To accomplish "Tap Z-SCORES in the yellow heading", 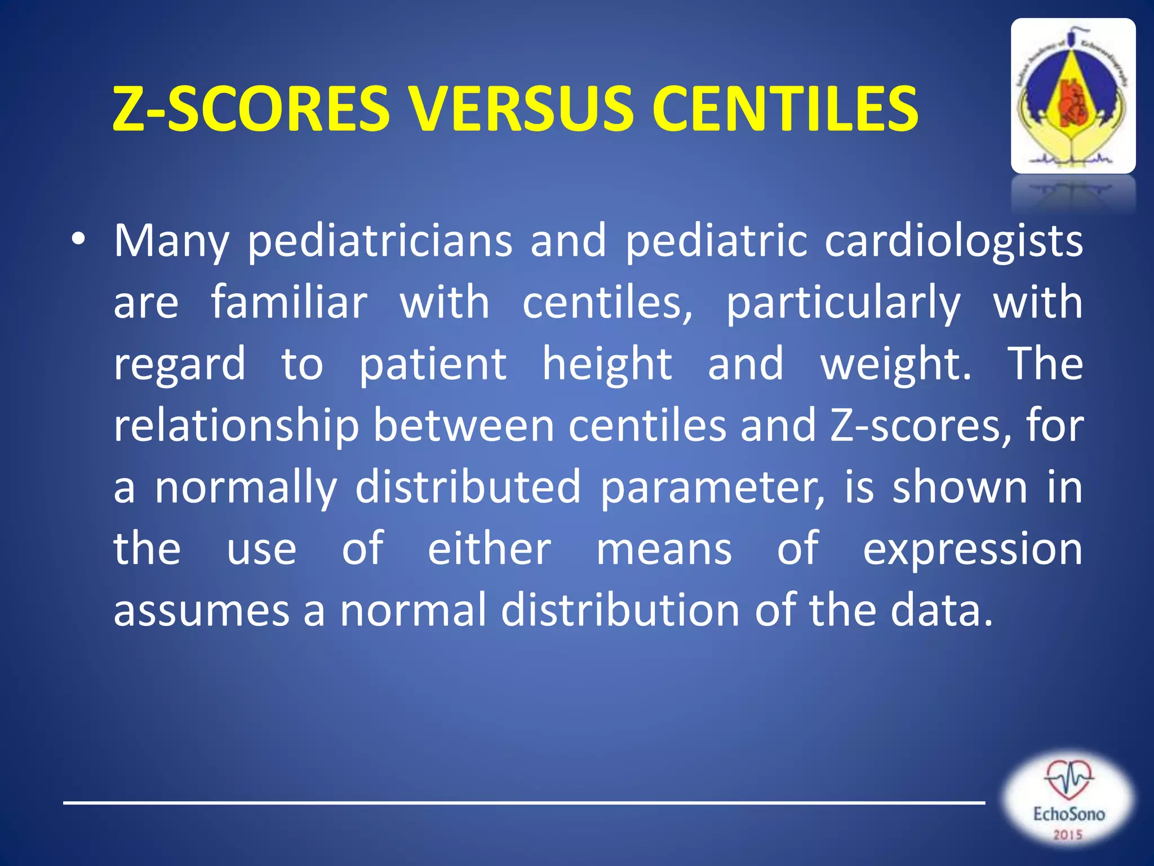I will point(251,108).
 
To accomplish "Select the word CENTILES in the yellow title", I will point(785,108).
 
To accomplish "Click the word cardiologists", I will point(953,241).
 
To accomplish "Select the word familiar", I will point(289,302).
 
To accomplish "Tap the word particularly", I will point(843,303).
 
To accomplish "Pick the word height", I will point(607,364).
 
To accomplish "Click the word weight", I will point(896,364).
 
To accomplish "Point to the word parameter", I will point(712,487).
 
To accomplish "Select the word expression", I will point(973,550).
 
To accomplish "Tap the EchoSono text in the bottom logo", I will point(1068,814).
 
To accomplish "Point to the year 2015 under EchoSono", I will point(1068,834).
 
